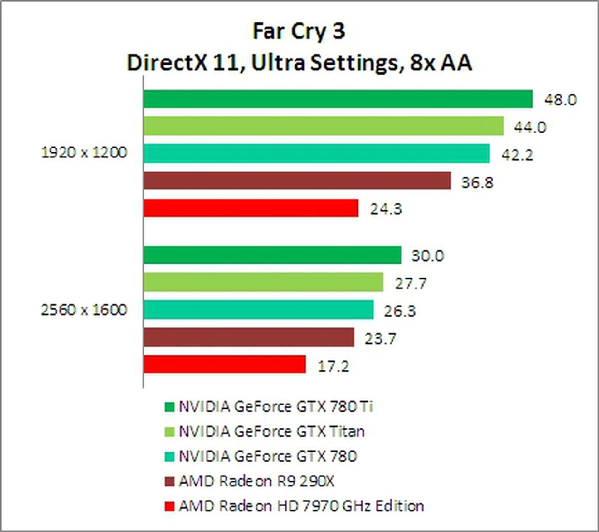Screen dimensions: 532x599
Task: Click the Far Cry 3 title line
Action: point(299,31)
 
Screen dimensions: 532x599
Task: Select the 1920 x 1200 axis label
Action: point(84,153)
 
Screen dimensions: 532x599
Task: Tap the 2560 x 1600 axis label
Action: point(84,310)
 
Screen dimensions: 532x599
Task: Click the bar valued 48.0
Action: point(338,99)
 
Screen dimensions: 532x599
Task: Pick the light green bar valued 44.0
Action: point(324,126)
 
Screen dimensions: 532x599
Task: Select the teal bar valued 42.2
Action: point(317,153)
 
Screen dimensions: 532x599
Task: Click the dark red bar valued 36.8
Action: point(297,180)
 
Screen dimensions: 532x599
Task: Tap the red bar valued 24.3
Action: point(251,208)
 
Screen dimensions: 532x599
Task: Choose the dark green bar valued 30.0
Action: point(272,255)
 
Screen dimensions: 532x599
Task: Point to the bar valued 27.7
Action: point(263,282)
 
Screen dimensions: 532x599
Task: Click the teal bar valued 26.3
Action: point(259,310)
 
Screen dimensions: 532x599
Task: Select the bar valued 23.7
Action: point(249,337)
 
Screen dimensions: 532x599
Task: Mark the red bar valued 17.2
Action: point(225,364)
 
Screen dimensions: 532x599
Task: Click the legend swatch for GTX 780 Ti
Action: point(169,407)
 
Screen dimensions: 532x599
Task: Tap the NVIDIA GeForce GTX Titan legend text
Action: point(271,432)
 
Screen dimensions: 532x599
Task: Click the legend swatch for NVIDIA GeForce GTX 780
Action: point(169,457)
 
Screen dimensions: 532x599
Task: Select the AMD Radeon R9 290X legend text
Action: point(256,481)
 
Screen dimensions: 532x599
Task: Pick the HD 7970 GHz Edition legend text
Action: point(301,506)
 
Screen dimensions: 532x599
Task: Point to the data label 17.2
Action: point(333,366)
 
